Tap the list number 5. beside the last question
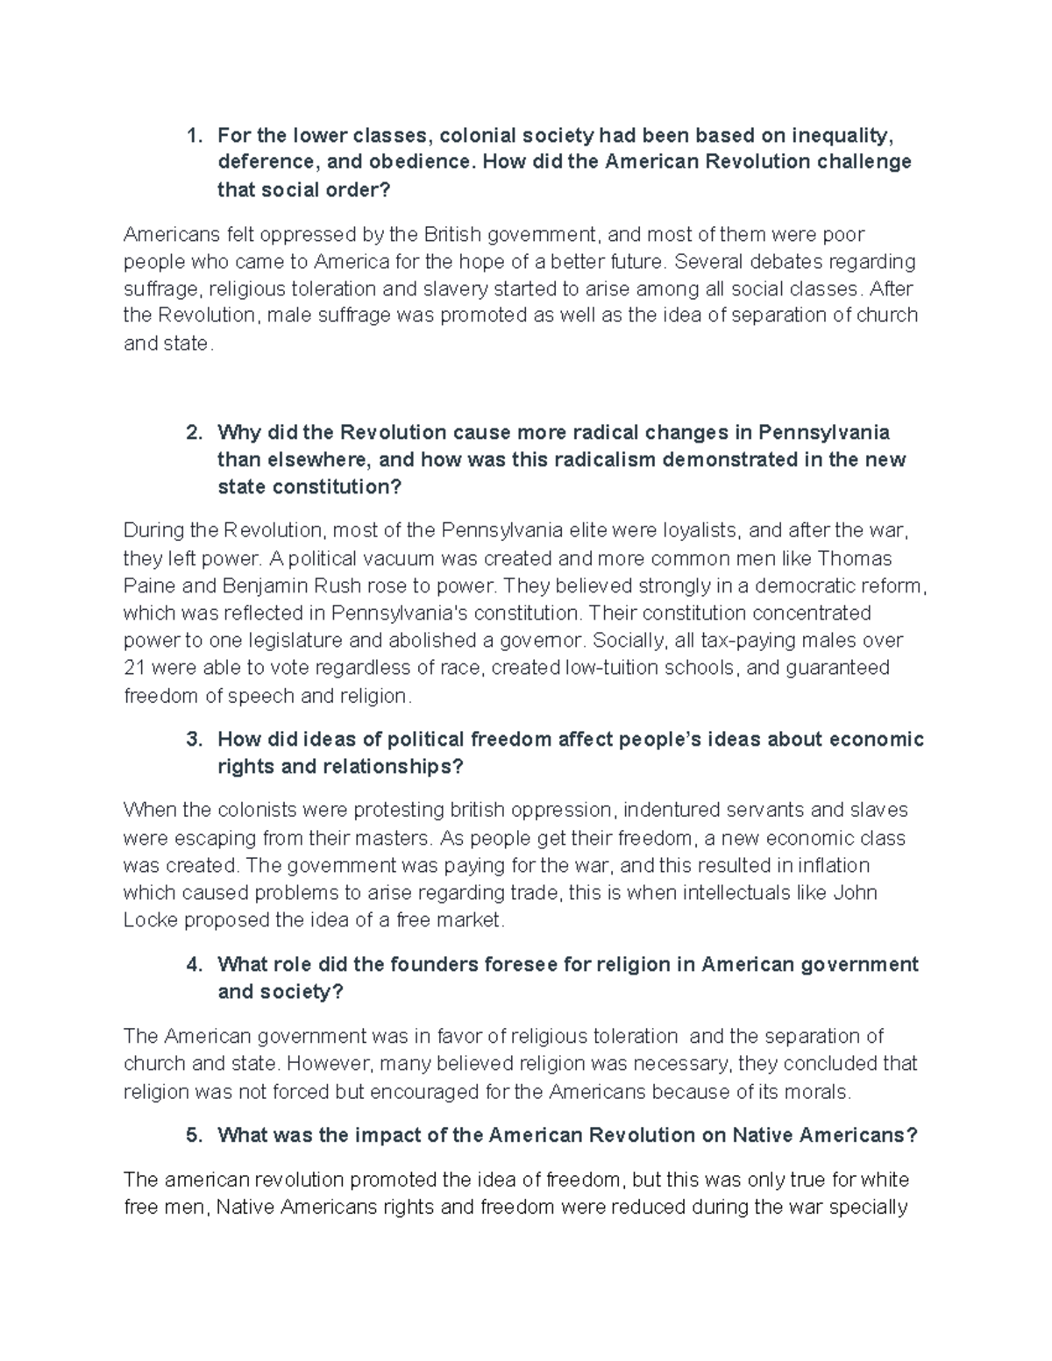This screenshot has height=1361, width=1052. tap(194, 1135)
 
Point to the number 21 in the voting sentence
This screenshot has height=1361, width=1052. tap(134, 668)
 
